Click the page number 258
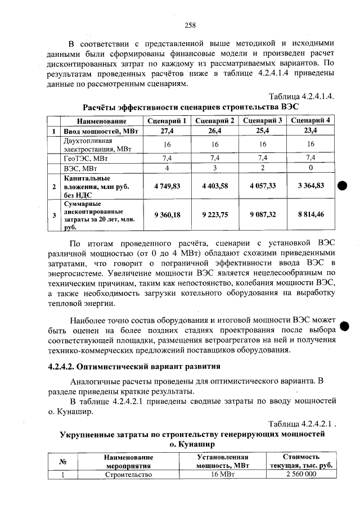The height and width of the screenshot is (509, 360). click(x=190, y=25)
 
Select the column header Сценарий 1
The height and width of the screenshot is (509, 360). click(x=166, y=121)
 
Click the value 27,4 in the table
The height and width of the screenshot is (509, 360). click(x=166, y=131)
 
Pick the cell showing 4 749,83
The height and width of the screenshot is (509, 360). click(x=166, y=185)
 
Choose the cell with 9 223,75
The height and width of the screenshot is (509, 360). click(x=214, y=214)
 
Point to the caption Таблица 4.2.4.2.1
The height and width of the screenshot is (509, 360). click(x=303, y=424)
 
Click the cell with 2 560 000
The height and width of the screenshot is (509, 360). click(x=301, y=474)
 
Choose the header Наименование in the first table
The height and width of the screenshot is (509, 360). click(x=101, y=121)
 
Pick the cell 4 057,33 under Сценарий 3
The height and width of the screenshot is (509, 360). click(x=263, y=185)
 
